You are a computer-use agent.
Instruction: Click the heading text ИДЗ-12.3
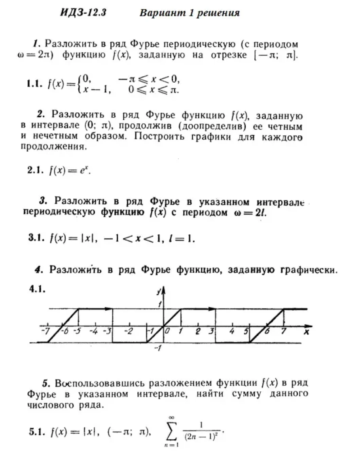click(83, 13)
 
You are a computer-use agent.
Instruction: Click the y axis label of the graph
click(158, 292)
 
